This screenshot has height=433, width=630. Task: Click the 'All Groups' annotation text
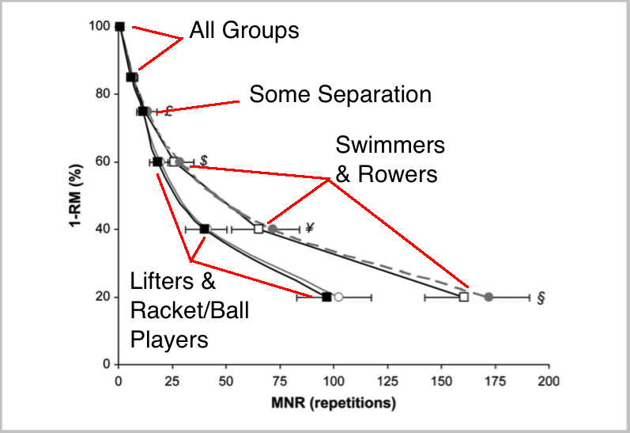243,31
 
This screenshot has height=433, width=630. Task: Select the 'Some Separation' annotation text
340,95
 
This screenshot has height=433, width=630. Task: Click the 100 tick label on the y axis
98,26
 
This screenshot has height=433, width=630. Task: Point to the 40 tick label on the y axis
101,230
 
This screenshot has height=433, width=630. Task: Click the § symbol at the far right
542,298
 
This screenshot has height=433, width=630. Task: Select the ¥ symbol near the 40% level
310,229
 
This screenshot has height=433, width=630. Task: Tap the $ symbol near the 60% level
203,161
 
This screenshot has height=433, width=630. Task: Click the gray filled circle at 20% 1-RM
489,297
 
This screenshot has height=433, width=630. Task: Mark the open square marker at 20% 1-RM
464,297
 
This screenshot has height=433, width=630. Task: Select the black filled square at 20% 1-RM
327,297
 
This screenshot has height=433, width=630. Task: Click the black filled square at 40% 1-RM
205,229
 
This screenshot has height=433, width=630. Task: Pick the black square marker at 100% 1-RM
119,26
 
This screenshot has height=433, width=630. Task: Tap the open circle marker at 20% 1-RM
338,297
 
